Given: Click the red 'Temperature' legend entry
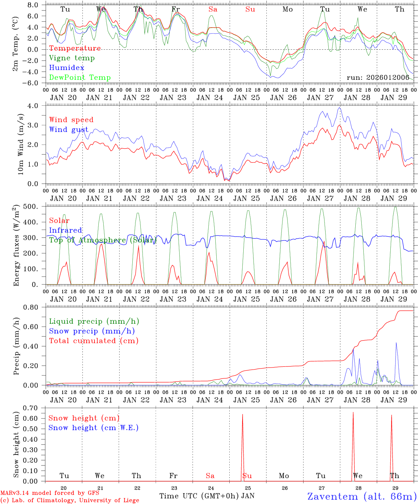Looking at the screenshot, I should [x=75, y=48].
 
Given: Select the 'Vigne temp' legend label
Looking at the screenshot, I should [x=72, y=58].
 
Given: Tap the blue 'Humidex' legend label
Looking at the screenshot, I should [x=67, y=68].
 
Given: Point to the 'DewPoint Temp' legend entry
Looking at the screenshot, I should [x=80, y=78].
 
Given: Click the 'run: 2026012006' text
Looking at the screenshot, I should [x=378, y=77].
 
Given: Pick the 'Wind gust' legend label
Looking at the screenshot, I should [x=69, y=129].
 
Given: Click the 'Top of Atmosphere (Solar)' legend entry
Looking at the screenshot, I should [x=103, y=240].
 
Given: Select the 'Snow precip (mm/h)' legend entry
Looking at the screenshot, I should [x=92, y=331].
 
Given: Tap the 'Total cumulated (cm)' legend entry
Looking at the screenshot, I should [x=93, y=341].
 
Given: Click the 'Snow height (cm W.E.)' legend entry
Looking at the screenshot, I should [x=93, y=428].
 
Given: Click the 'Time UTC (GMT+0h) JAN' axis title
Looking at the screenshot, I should [x=207, y=496].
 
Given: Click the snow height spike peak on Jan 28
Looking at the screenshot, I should [x=353, y=413].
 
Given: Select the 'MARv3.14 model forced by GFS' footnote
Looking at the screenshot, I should [x=49, y=493].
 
